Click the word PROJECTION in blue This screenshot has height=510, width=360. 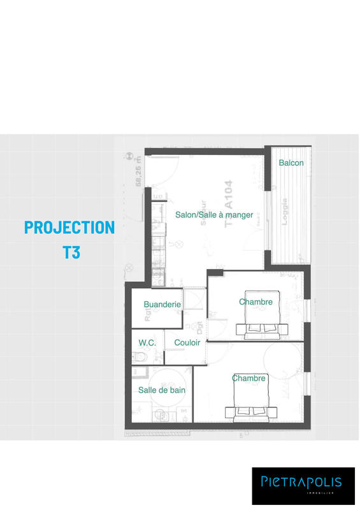click(x=69, y=227)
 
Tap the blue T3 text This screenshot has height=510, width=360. click(x=71, y=252)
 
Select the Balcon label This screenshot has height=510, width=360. click(x=291, y=163)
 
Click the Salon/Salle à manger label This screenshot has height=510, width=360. click(x=214, y=215)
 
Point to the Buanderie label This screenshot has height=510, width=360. click(x=162, y=305)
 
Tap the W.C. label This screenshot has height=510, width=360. click(x=147, y=342)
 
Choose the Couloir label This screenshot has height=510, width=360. click(x=187, y=342)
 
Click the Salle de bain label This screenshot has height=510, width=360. click(x=162, y=390)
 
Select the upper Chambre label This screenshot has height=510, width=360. click(x=256, y=302)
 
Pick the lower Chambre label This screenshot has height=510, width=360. click(x=248, y=378)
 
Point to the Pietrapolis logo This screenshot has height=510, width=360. click(x=303, y=483)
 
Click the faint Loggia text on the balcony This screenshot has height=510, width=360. click(x=284, y=212)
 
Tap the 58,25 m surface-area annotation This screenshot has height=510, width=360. click(x=138, y=173)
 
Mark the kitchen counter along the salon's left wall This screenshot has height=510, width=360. click(x=155, y=239)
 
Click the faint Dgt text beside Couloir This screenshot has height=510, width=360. click(x=200, y=328)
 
